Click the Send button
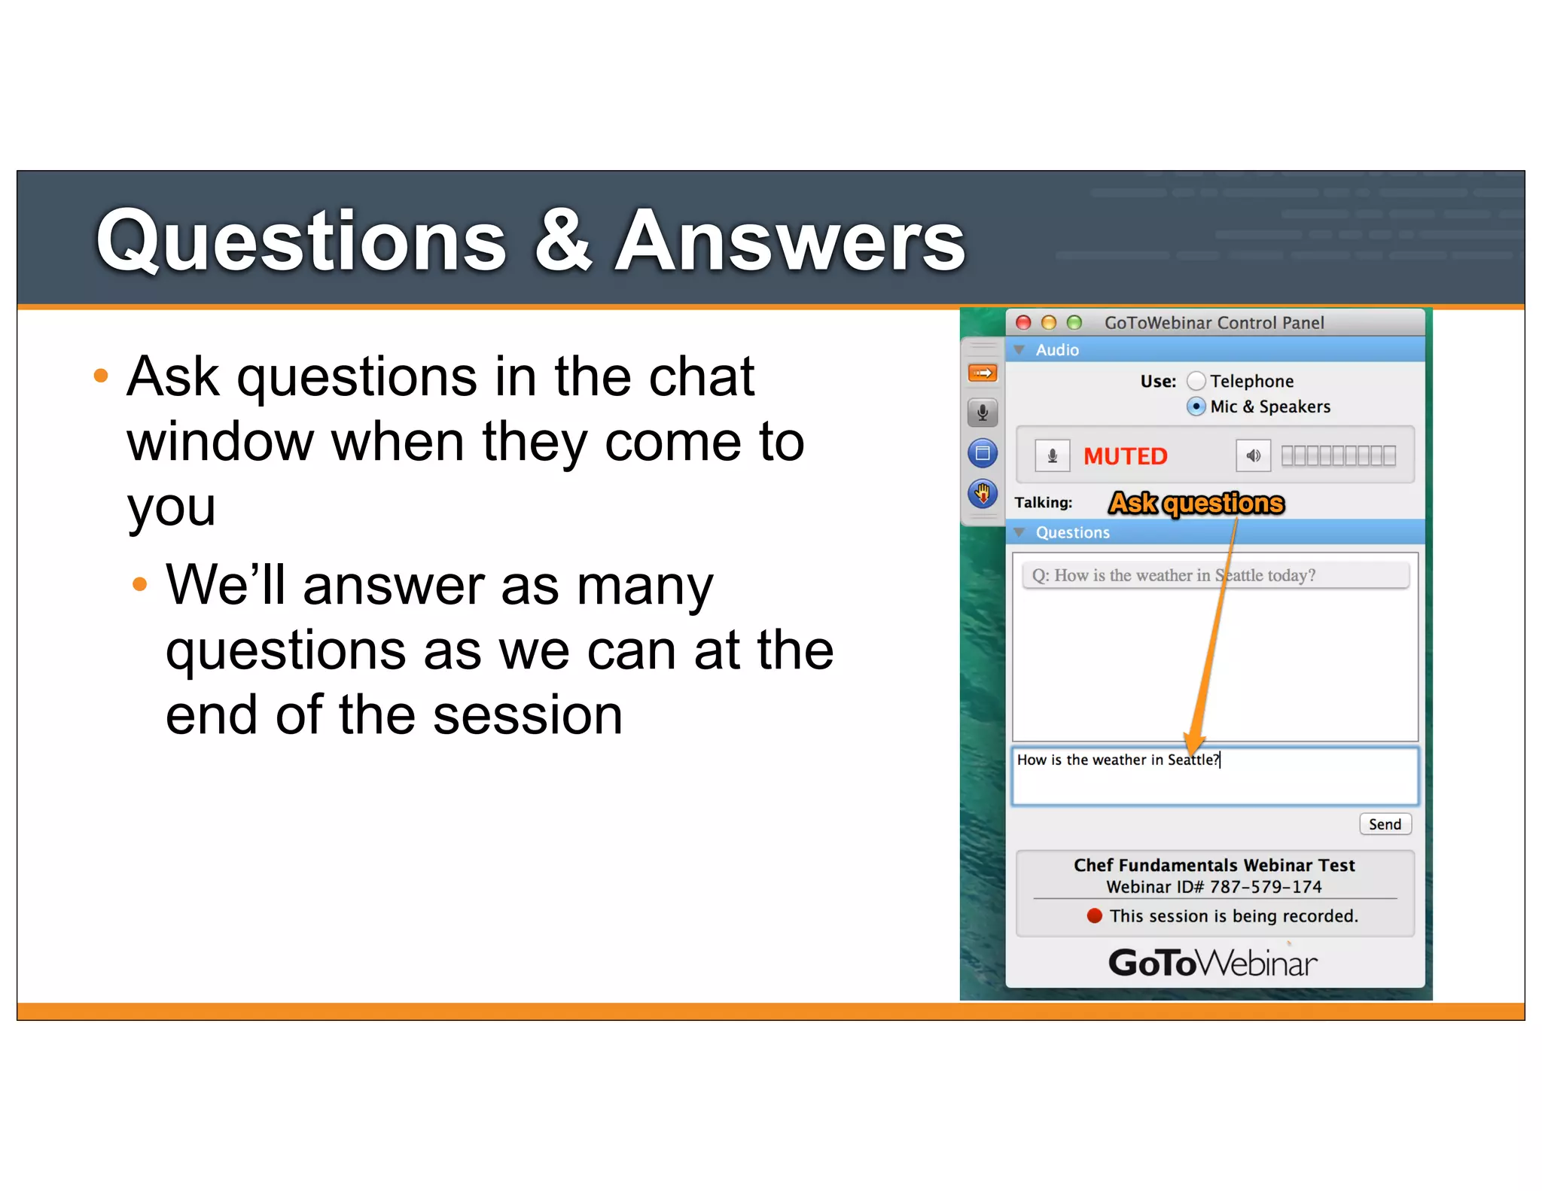[1385, 824]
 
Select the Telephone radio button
[1196, 381]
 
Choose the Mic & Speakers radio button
[1196, 407]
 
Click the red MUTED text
[1125, 456]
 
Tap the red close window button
[1023, 323]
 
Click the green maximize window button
[1074, 323]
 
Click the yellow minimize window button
[1049, 323]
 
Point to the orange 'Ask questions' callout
[1196, 503]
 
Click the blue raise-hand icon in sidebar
[983, 494]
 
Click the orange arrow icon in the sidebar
[983, 373]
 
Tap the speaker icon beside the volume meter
[1253, 456]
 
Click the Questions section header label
[1072, 532]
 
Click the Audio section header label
[1057, 350]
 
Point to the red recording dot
[1095, 915]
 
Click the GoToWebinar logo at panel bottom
[1213, 963]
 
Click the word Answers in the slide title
[790, 241]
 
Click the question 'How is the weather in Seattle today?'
[1175, 575]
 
